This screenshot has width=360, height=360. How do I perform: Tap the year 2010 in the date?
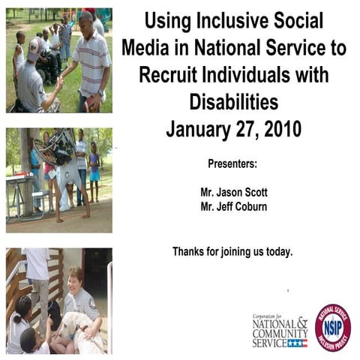tap(277, 128)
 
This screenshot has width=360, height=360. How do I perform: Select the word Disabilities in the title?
tap(233, 101)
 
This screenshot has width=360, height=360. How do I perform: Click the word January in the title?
tap(197, 128)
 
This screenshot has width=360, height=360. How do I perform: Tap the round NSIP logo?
tap(332, 328)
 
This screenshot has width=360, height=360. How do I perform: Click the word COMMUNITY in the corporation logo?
tap(280, 332)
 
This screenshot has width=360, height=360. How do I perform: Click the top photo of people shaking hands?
tap(58, 60)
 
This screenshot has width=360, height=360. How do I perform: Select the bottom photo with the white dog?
tap(58, 300)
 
